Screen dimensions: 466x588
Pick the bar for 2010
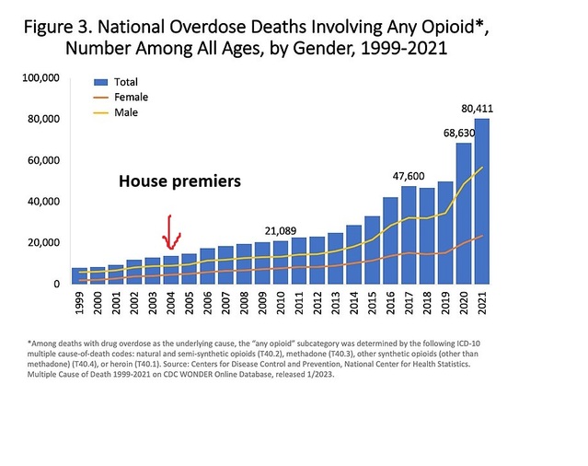pos(280,262)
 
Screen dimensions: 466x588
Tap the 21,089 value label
pos(281,230)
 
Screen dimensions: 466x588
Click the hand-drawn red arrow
pos(169,232)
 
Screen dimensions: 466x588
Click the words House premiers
pos(179,181)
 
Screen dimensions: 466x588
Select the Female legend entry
pos(130,96)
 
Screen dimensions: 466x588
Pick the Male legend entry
pos(125,111)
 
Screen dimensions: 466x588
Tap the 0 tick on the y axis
pos(56,284)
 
